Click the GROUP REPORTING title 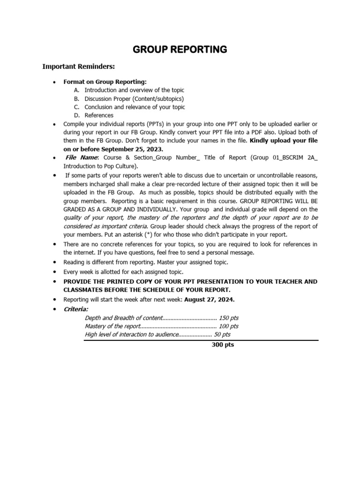[x=180, y=50]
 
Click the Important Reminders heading [x=79, y=67]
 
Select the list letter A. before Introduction [x=77, y=90]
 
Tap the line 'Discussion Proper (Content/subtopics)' [x=135, y=98]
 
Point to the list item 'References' [x=99, y=115]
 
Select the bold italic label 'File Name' [x=82, y=158]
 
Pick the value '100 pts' [x=229, y=326]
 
